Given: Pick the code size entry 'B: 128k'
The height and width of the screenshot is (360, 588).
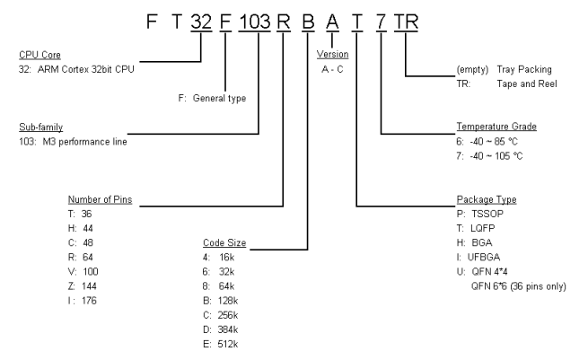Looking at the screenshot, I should click(x=221, y=301).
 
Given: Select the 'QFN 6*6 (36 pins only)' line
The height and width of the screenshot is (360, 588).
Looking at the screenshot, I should click(x=517, y=285).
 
